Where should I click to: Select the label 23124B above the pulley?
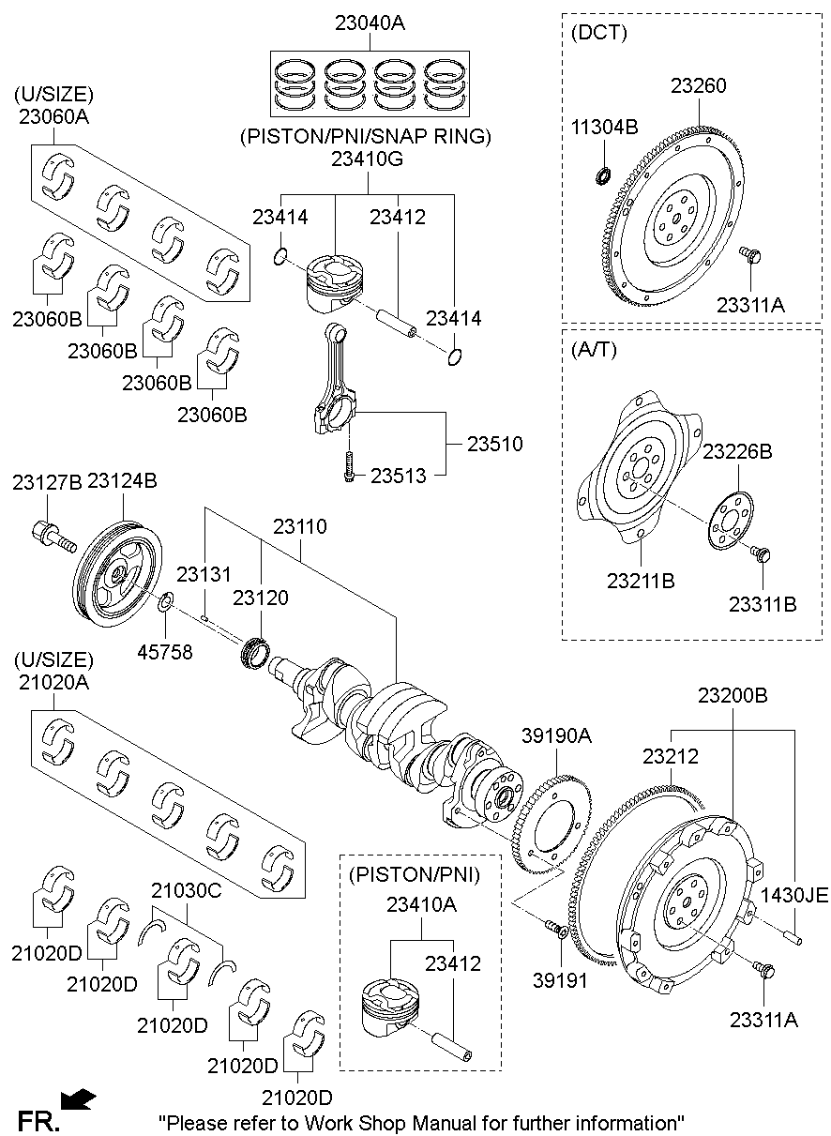click(x=122, y=481)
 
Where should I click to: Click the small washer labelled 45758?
click(x=164, y=603)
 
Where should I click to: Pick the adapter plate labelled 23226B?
click(x=725, y=521)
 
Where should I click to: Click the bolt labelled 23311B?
click(x=763, y=555)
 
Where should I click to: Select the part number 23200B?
click(x=733, y=696)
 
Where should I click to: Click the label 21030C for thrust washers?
click(x=187, y=891)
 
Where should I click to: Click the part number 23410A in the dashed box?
click(x=422, y=905)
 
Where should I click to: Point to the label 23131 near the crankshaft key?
click(x=204, y=573)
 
